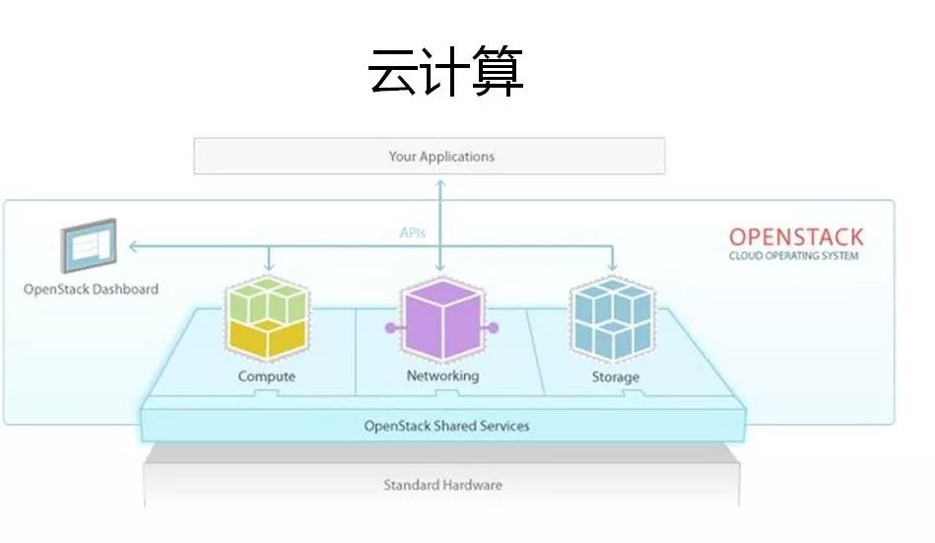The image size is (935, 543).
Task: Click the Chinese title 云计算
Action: pos(446,72)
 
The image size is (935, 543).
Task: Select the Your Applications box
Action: pos(429,157)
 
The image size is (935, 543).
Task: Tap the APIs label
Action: pos(413,234)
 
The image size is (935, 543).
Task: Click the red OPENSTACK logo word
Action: pos(795,237)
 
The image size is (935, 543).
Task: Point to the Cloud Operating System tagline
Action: pos(793,256)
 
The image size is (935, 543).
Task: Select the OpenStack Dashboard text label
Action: pos(91,289)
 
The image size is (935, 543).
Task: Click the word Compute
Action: pos(266,376)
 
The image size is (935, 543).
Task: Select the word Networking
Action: pos(442,375)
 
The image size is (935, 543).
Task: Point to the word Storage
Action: pos(615,376)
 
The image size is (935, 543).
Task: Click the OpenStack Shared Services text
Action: pos(446,426)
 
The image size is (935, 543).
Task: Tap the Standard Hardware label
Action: pos(442,485)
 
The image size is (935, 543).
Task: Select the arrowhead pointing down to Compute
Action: pos(267,267)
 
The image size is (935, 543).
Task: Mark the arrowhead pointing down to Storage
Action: pos(614,267)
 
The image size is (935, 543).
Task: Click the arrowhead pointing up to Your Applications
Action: pos(440,183)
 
